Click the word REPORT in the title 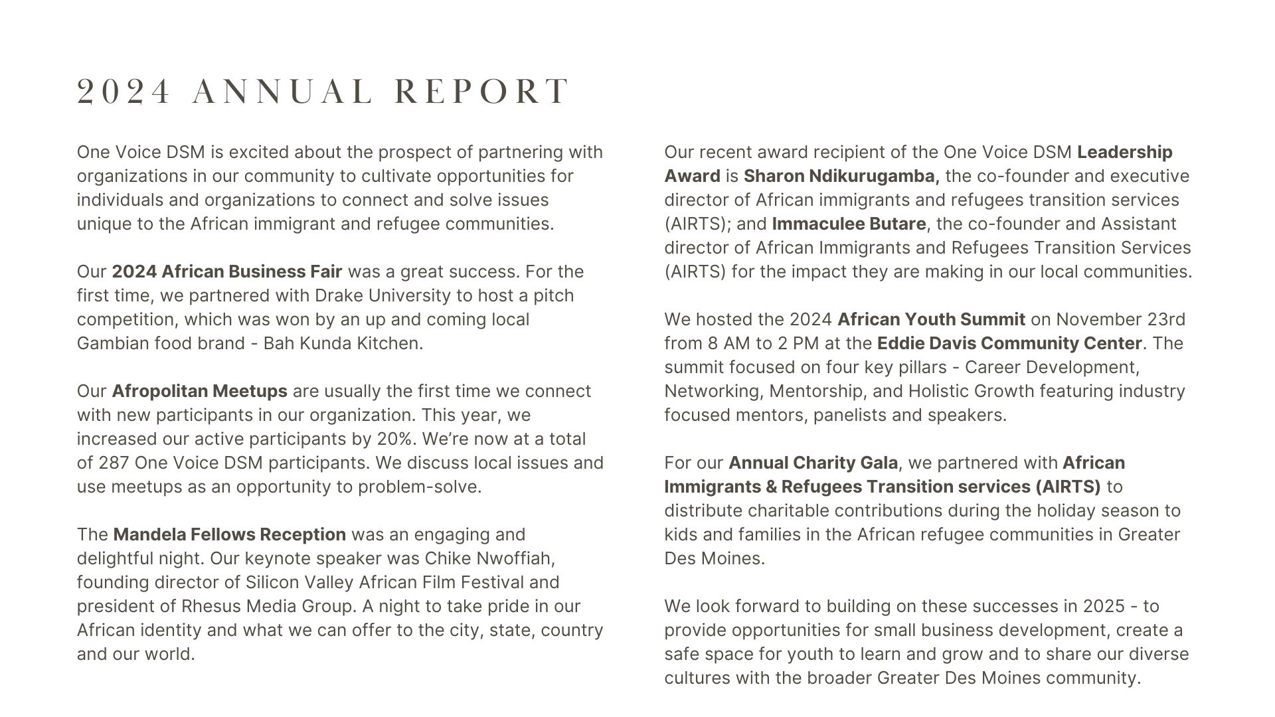482,92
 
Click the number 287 114,463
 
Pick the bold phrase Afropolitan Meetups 199,391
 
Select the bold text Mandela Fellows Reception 229,534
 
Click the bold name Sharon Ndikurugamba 841,176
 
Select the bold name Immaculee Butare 849,224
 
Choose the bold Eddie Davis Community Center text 1009,343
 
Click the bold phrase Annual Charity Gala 813,463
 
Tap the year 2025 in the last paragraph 1104,606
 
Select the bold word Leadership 1124,152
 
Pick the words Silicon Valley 299,582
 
